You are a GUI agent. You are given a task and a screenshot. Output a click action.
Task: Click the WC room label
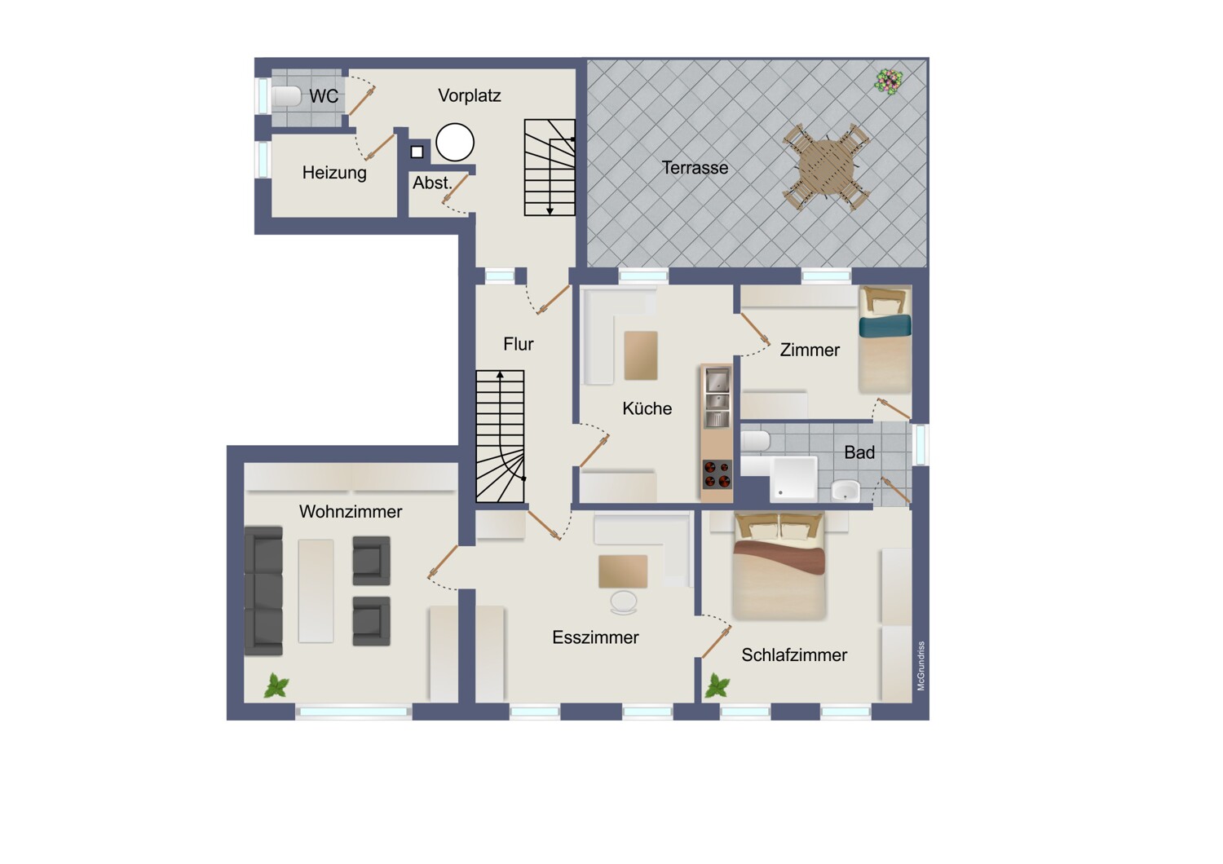[x=324, y=96]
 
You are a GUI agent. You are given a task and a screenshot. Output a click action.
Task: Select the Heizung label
[x=334, y=173]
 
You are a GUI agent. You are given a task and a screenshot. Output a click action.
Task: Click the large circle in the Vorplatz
[x=455, y=142]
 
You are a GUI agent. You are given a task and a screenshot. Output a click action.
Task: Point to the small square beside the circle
[x=417, y=152]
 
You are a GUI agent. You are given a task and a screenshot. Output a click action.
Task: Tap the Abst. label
[x=432, y=183]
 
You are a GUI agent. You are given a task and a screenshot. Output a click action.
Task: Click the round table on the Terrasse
[x=825, y=166]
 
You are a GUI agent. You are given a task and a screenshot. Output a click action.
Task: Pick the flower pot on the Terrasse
[x=889, y=82]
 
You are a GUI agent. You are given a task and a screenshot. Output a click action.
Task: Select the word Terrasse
[x=695, y=168]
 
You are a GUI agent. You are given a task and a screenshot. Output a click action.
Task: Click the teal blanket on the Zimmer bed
[x=885, y=326]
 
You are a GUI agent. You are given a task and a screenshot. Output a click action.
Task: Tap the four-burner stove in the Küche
[x=717, y=474]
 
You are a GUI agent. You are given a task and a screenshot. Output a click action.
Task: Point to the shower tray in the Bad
[x=793, y=478]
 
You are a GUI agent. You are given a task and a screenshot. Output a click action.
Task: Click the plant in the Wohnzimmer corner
[x=276, y=685]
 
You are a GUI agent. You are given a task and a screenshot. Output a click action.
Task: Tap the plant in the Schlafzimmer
[x=717, y=685]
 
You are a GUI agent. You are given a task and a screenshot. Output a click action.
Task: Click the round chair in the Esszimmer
[x=624, y=602]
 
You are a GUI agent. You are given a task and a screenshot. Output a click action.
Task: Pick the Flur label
[x=518, y=344]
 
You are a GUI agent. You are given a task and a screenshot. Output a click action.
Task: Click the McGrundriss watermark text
[x=921, y=666]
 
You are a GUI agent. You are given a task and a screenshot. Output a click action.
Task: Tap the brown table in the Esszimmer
[x=623, y=571]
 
